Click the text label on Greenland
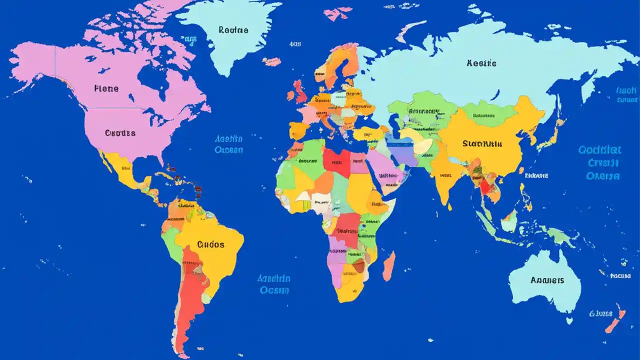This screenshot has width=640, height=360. click(233, 30)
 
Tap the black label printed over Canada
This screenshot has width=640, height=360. click(106, 88)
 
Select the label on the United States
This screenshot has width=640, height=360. click(120, 133)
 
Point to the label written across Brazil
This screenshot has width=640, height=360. click(210, 244)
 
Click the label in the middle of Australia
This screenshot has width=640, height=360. click(547, 280)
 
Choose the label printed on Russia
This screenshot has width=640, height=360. click(481, 63)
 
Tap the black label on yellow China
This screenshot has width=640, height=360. click(481, 144)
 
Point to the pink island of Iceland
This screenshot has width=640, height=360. click(272, 61)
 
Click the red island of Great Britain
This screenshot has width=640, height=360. click(300, 92)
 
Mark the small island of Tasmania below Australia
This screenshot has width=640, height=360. click(569, 320)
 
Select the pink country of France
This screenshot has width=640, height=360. click(310, 114)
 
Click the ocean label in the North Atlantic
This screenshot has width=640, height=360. click(228, 144)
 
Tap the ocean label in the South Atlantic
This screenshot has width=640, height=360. click(273, 284)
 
